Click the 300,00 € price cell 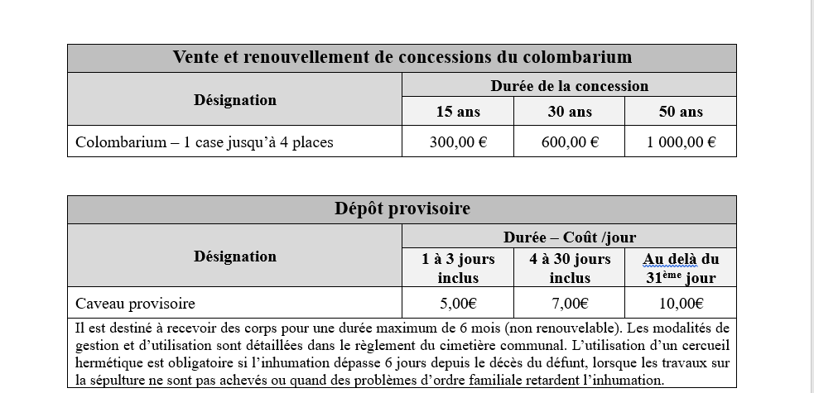[458, 141]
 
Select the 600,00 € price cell [570, 141]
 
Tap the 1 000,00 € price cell [681, 141]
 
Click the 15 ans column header [458, 112]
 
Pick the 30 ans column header [570, 112]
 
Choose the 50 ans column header [681, 112]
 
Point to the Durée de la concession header [569, 85]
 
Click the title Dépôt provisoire [402, 208]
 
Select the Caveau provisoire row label [135, 303]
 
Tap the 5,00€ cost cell [458, 303]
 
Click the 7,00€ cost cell [570, 303]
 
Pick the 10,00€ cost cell [681, 303]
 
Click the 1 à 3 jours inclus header [458, 268]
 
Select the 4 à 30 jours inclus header [570, 268]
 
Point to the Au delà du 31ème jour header [681, 268]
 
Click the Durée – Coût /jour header [569, 237]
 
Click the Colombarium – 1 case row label [204, 141]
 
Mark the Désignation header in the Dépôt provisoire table [235, 256]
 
